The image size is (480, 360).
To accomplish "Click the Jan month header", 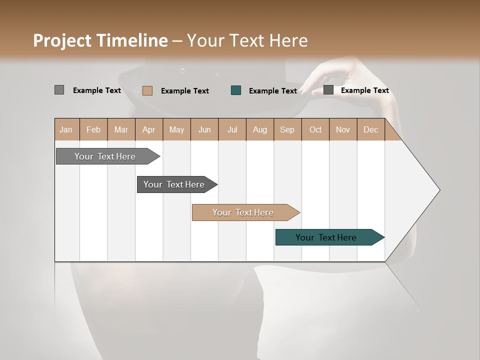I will (x=66, y=129).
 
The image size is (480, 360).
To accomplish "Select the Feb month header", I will (x=93, y=129).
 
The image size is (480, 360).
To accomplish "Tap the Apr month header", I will (x=148, y=129).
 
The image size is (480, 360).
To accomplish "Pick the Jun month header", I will (x=204, y=129).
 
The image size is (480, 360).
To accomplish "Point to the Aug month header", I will (x=259, y=129).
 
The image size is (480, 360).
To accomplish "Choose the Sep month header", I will (x=287, y=129).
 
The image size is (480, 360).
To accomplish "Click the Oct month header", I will (x=315, y=129).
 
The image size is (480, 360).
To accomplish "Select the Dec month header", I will (x=370, y=129).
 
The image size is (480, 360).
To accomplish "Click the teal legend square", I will (x=236, y=90).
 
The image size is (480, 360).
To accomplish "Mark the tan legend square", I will (x=147, y=90).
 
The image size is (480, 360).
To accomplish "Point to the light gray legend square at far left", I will (x=59, y=90).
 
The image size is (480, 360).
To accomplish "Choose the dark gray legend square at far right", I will (x=328, y=90).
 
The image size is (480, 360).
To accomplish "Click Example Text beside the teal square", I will (x=272, y=91).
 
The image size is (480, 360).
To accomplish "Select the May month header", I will (x=176, y=129).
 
